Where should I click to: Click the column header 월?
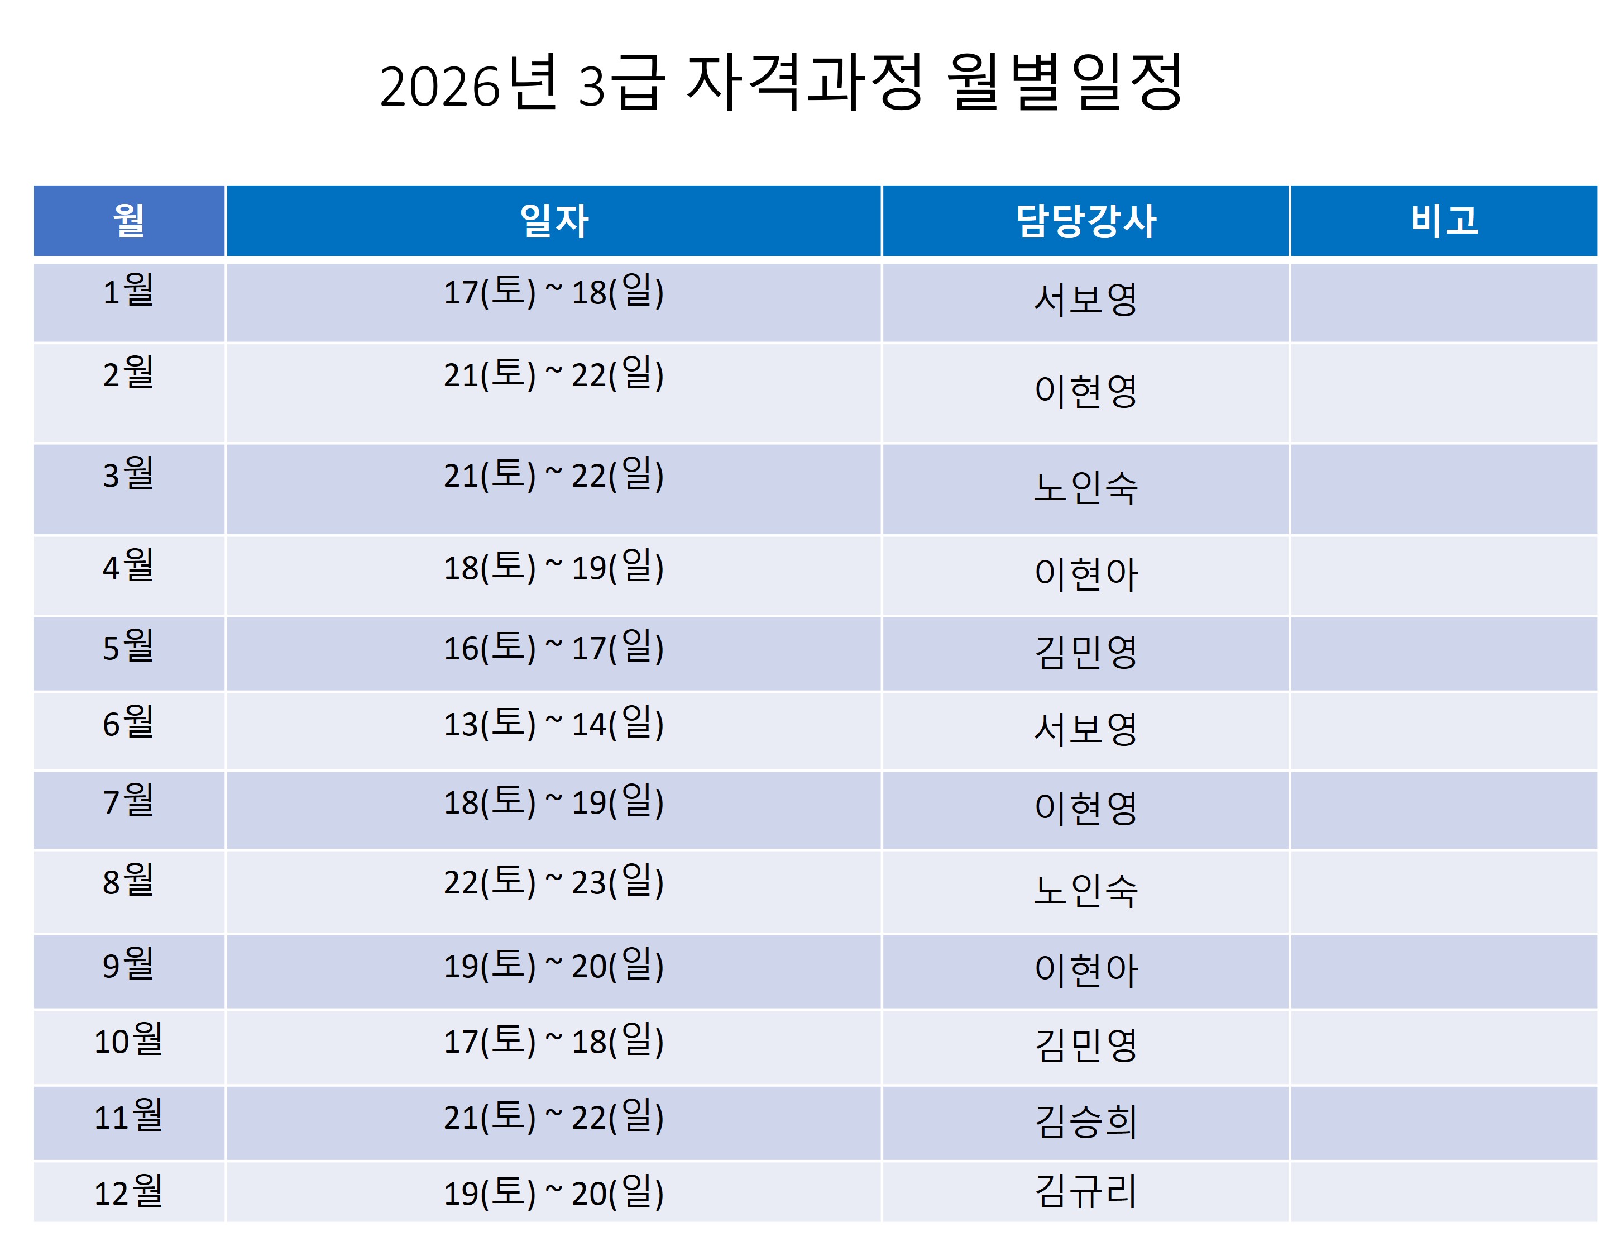tap(128, 221)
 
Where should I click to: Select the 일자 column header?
tap(554, 221)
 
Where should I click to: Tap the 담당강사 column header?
tap(1085, 221)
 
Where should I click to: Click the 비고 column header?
tap(1444, 221)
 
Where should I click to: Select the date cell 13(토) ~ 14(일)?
tap(554, 724)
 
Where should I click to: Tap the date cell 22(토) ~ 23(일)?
tap(554, 882)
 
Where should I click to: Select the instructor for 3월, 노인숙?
tap(1085, 487)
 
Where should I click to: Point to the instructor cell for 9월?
tap(1085, 970)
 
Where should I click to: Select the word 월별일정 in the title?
tap(1064, 82)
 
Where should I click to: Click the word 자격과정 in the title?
tap(804, 82)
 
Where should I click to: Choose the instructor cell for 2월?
tap(1085, 391)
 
